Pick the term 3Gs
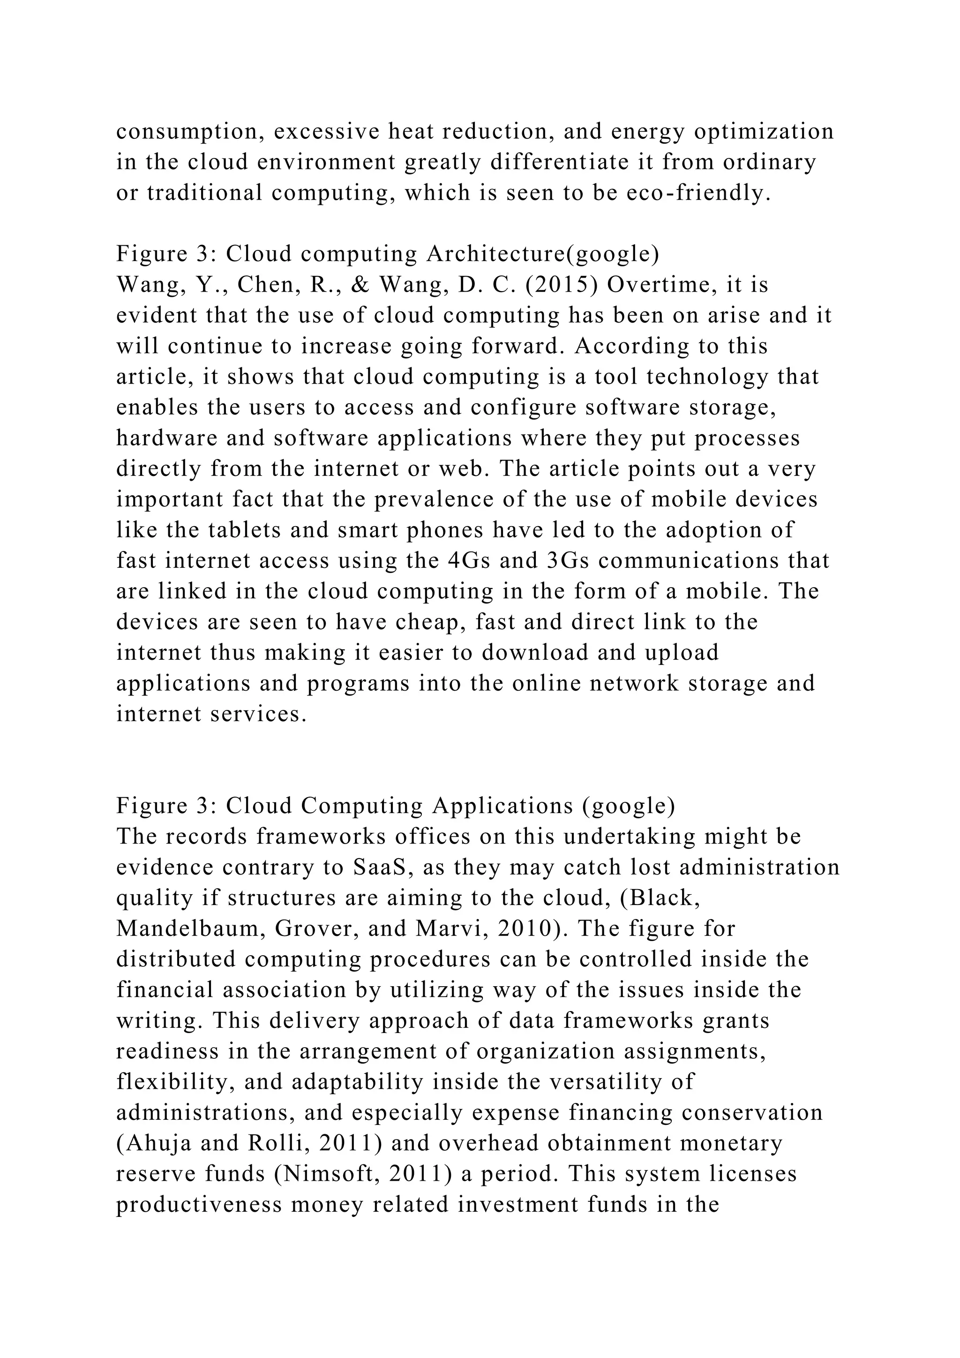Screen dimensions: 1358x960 coord(564,560)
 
